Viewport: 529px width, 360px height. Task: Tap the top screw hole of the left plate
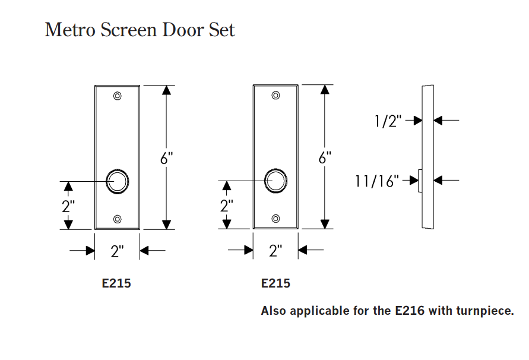point(117,96)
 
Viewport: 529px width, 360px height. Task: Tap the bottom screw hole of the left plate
point(117,219)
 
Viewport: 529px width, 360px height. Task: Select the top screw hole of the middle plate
point(275,96)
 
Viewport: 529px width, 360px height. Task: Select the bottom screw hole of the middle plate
point(275,219)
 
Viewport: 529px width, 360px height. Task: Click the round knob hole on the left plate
point(117,181)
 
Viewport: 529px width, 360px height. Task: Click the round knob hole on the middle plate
point(275,181)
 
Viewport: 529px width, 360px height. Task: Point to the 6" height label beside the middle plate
point(324,159)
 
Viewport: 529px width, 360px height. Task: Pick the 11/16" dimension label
point(377,181)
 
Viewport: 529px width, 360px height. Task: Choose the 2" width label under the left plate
point(117,251)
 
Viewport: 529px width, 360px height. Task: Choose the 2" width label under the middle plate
point(275,251)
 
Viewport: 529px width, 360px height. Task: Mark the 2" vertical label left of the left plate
point(68,207)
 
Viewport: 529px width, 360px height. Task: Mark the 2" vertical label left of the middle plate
point(226,207)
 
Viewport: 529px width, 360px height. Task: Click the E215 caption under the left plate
point(116,283)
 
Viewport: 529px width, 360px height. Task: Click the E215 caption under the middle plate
point(275,283)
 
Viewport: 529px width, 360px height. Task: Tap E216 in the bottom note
point(409,311)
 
